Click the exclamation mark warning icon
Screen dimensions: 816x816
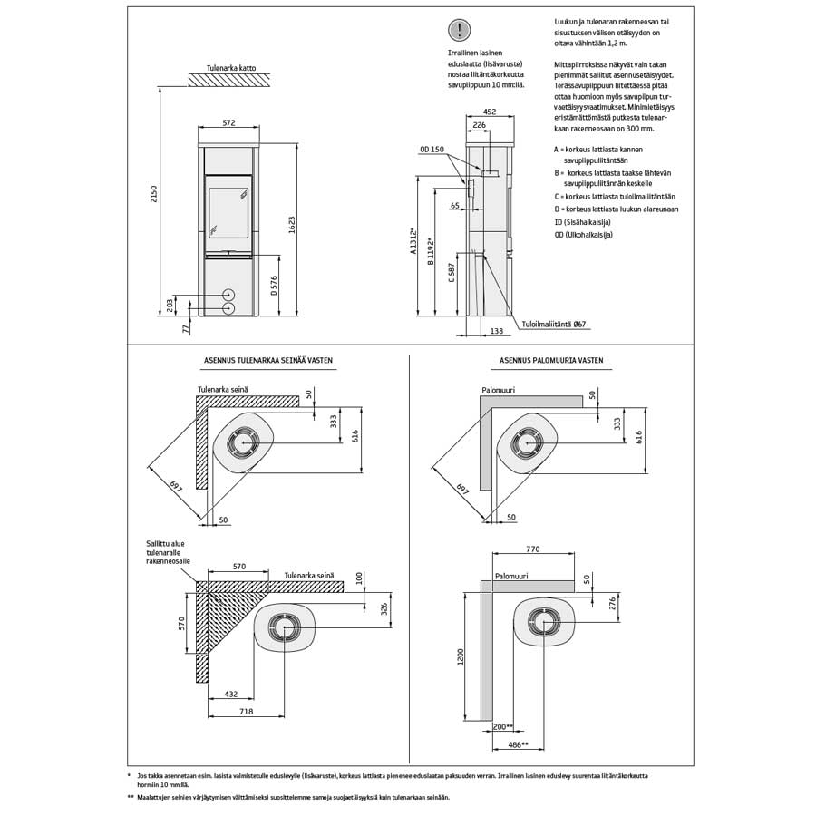[x=462, y=31]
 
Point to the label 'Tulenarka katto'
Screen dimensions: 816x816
[x=228, y=65]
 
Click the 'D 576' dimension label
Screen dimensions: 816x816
[x=272, y=286]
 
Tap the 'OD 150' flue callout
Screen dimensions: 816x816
[x=432, y=149]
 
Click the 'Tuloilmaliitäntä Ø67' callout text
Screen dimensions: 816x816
[x=554, y=324]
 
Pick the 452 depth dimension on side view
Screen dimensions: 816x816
[x=490, y=112]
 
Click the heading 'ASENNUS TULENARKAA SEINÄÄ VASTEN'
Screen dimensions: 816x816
[x=268, y=360]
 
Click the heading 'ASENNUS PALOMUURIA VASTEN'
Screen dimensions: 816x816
[x=550, y=360]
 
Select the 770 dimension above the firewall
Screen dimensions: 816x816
[x=532, y=549]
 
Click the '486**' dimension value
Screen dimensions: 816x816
[x=519, y=743]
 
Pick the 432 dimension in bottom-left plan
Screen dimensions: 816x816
[x=230, y=694]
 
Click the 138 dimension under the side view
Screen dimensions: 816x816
[x=496, y=332]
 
